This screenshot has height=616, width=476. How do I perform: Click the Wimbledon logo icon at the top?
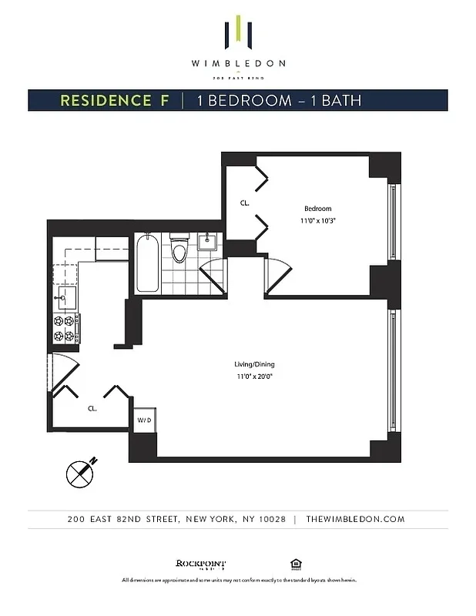pos(238,33)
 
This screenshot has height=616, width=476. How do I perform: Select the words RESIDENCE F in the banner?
pos(115,101)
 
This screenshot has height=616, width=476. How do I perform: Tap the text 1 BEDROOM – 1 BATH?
pos(278,101)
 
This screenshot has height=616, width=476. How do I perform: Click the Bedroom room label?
pos(317,209)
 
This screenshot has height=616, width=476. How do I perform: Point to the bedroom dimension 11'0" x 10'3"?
pos(317,220)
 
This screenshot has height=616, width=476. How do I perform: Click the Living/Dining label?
pos(254,364)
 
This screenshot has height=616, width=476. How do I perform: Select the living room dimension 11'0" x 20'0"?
pos(254,377)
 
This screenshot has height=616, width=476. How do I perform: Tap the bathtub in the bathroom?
pos(148,264)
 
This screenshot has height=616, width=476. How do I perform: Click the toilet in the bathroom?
pos(179,250)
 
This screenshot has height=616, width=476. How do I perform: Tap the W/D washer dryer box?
pos(144,420)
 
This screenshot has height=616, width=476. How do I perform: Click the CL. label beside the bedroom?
pos(244,203)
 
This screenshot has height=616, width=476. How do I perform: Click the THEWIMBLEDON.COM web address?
pos(355,519)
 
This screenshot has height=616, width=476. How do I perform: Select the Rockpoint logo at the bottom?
pos(201,564)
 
